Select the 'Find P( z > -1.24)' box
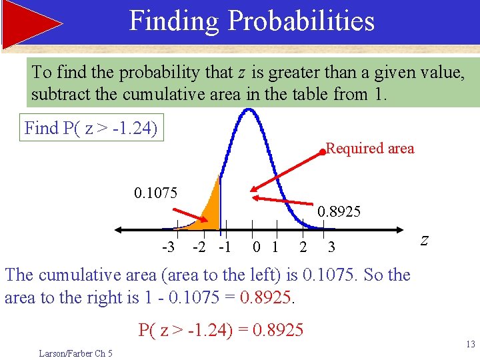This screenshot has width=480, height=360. pos(91,128)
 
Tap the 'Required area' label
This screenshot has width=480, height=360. pos(370,149)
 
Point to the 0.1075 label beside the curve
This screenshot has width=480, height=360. pos(155,193)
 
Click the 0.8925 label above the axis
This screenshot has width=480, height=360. pos(339,212)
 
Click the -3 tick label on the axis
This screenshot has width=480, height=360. pos(169,247)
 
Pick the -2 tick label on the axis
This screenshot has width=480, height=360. pos(199,247)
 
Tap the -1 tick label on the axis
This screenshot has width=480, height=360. pos(224,247)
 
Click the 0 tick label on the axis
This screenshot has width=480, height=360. pos(257,247)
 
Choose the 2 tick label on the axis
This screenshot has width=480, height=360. pos(303,247)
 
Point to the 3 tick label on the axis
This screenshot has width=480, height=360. pos(331,247)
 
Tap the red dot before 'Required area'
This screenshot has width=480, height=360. pos(321,151)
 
